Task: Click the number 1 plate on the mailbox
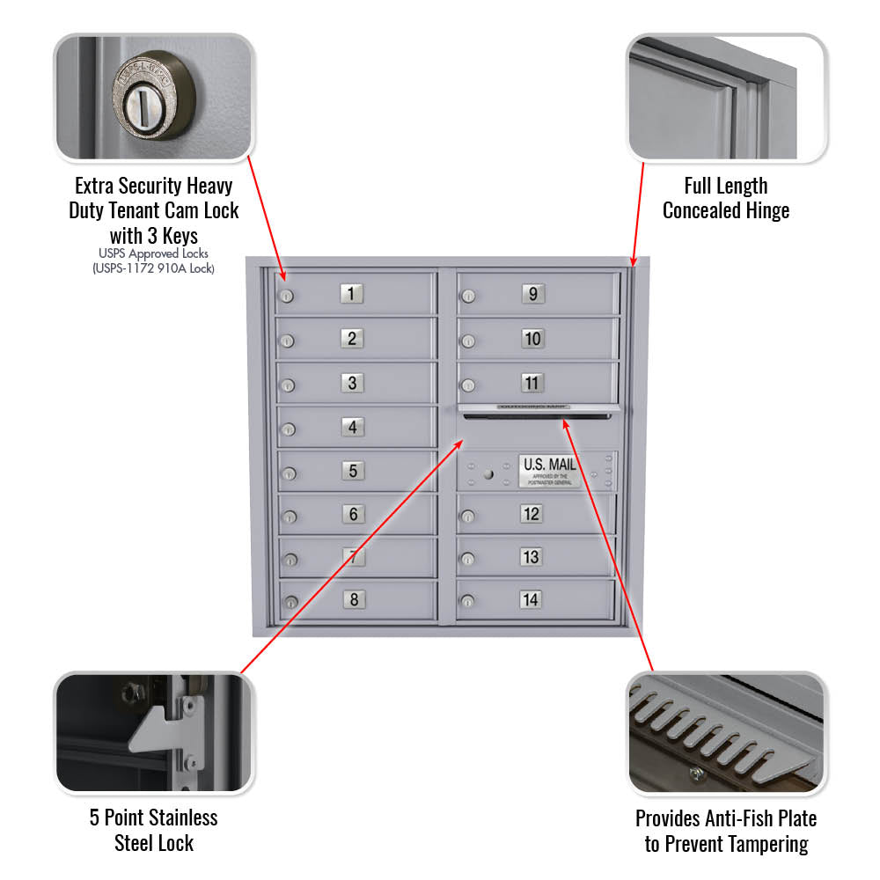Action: click(x=351, y=294)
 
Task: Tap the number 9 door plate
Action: click(x=532, y=294)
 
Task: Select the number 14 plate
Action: click(x=531, y=600)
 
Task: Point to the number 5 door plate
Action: click(x=352, y=471)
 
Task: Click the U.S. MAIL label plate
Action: click(x=550, y=471)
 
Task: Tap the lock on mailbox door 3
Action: click(x=287, y=385)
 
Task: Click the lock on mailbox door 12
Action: click(x=468, y=516)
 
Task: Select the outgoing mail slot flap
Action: click(x=539, y=408)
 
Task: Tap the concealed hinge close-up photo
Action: click(x=726, y=98)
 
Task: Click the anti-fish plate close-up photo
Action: click(x=726, y=733)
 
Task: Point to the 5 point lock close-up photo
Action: click(x=153, y=733)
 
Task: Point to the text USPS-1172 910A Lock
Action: click(x=154, y=268)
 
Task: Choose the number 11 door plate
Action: click(x=532, y=383)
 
